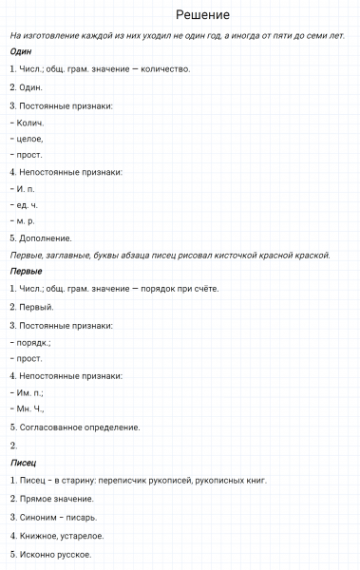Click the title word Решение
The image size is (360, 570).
click(202, 15)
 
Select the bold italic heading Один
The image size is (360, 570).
click(20, 52)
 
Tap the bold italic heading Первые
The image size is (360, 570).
click(26, 271)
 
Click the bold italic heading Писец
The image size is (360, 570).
click(24, 462)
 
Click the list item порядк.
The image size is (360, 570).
click(34, 342)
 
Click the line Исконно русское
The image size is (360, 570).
click(55, 554)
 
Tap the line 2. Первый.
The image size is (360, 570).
click(31, 307)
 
